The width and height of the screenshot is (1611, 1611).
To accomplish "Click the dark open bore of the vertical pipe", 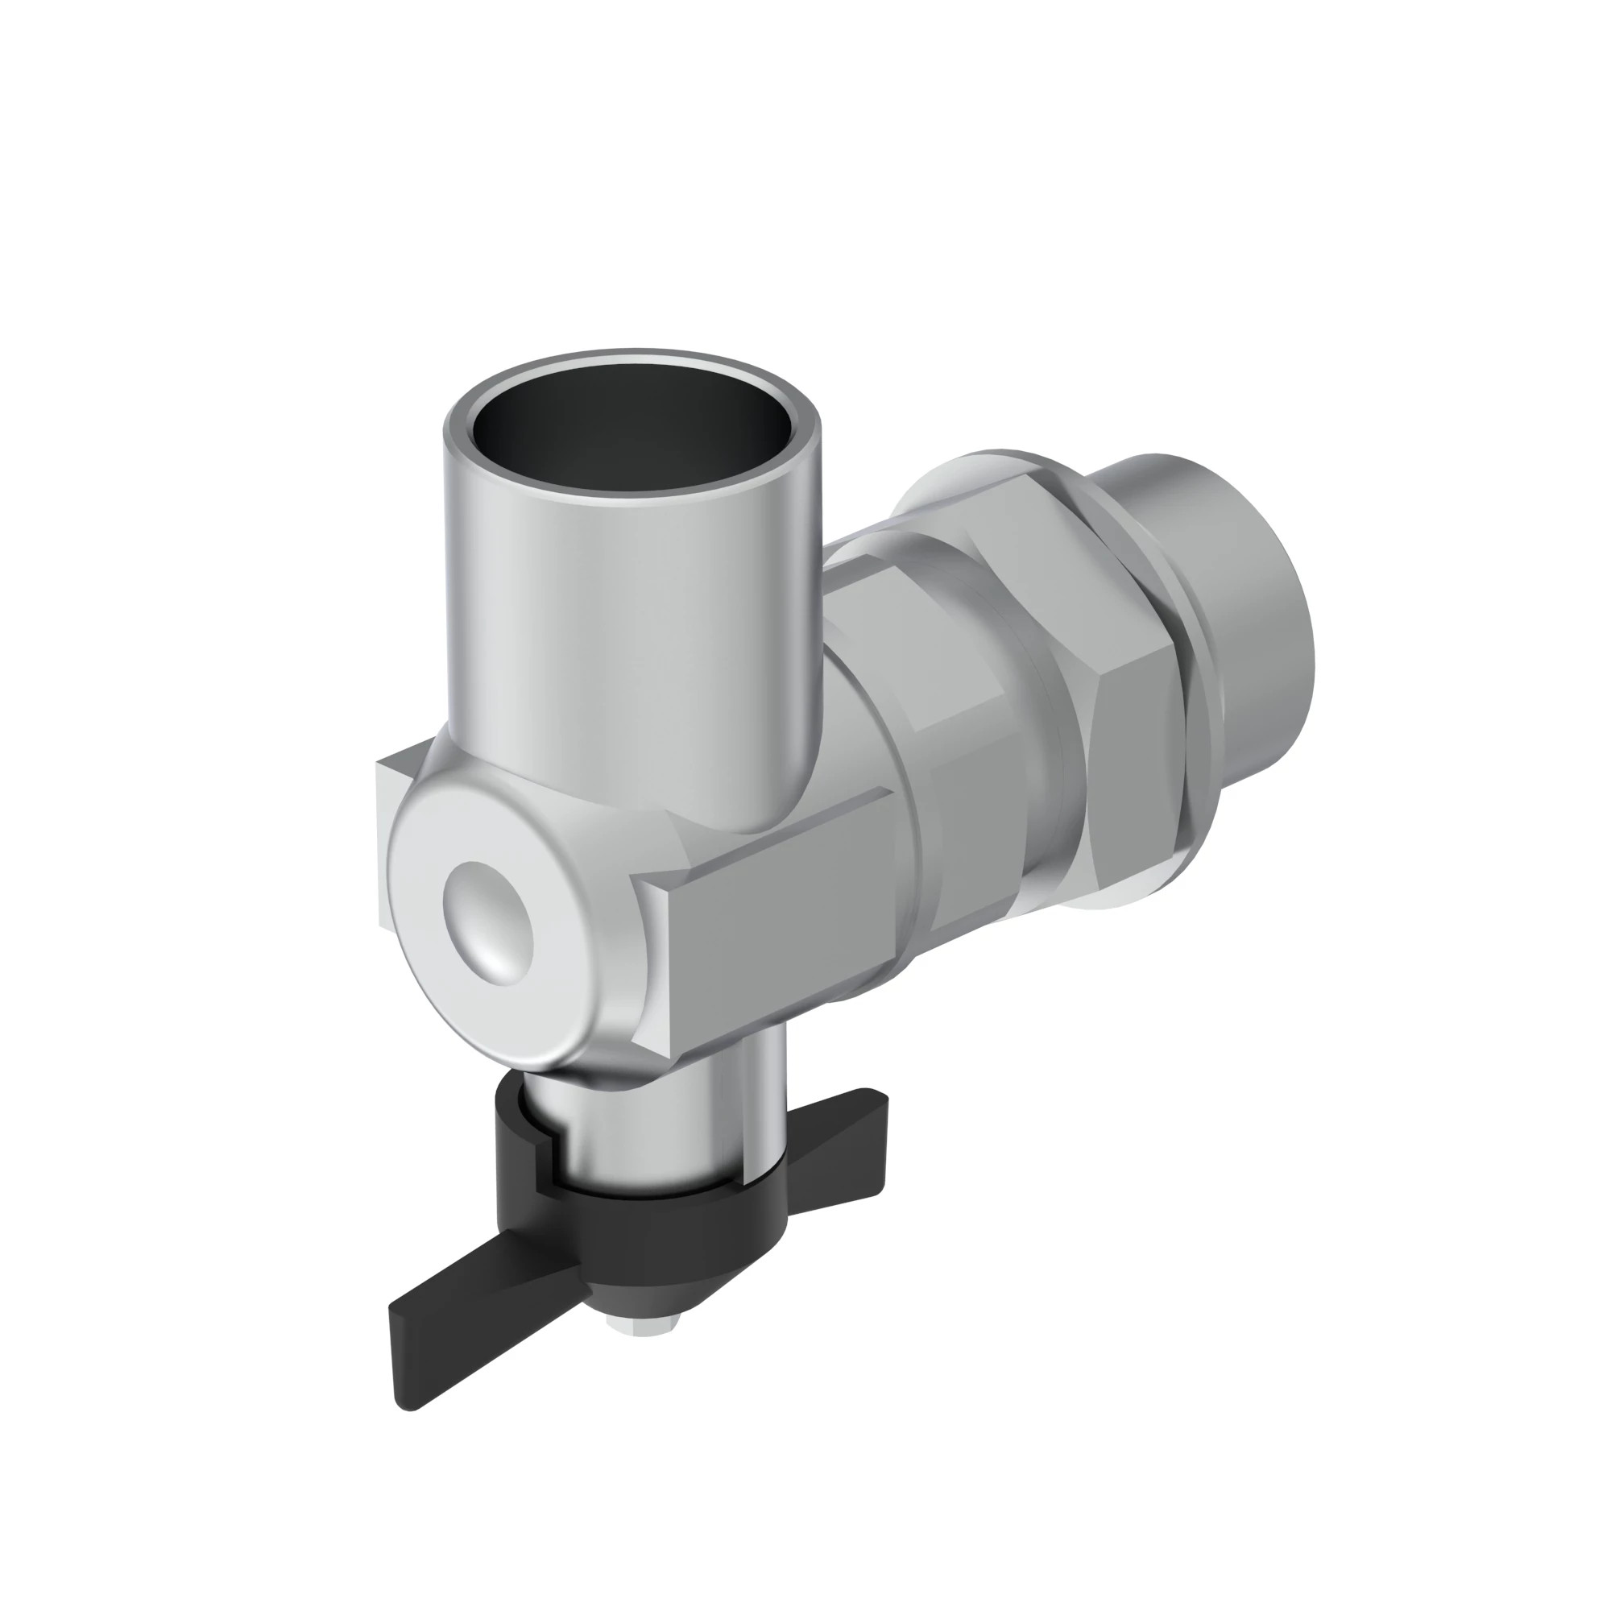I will click(x=632, y=433).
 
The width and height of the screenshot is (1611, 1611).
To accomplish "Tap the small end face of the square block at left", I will click(x=384, y=843).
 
